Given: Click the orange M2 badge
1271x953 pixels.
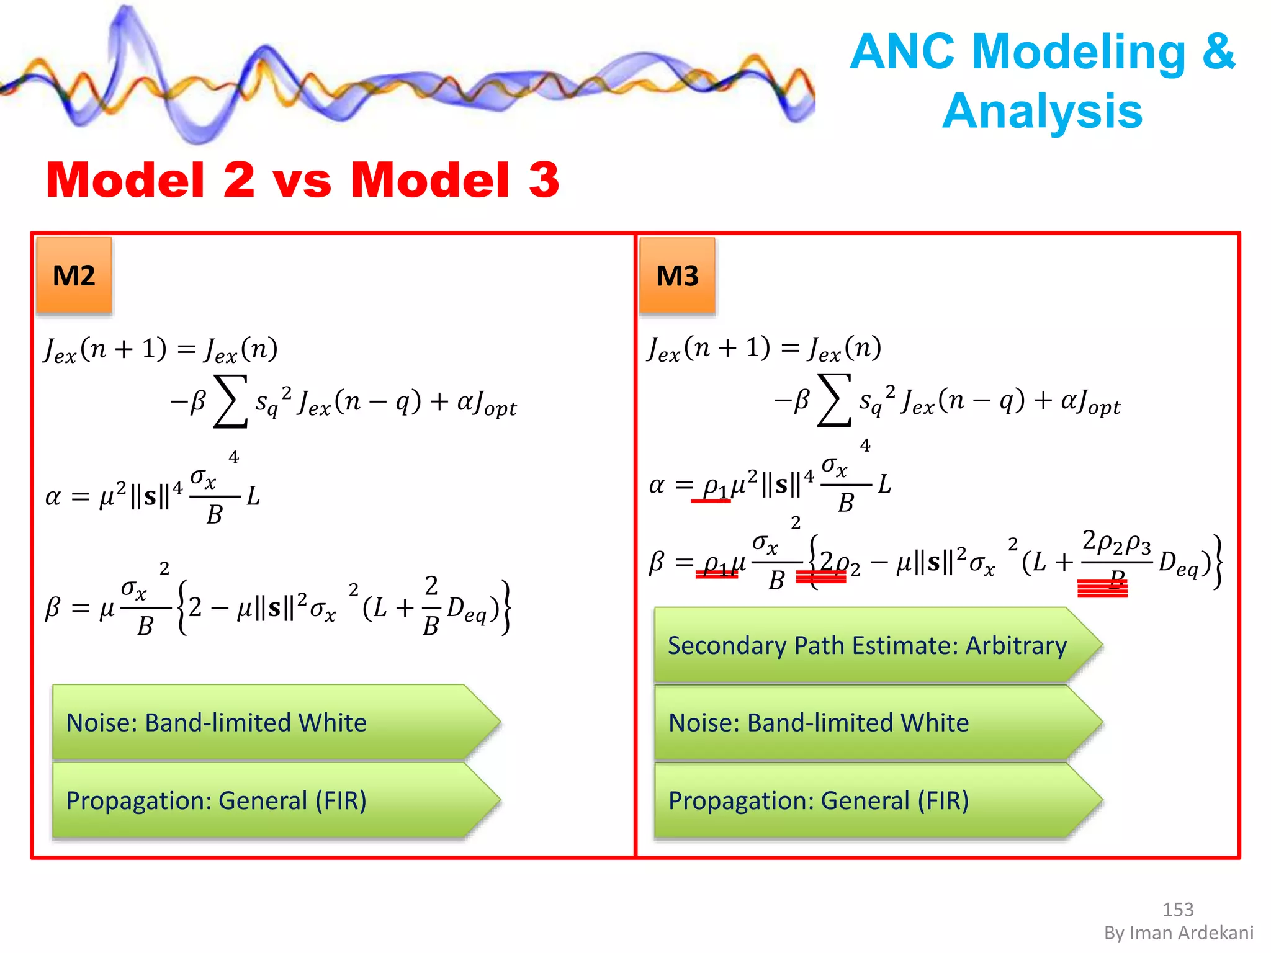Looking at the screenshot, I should click(x=74, y=275).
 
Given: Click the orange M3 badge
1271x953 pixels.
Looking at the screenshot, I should click(x=677, y=275).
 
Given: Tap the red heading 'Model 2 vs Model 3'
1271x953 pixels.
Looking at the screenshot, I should click(x=302, y=180).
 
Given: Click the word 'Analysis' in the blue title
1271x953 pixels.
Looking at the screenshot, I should click(x=1042, y=112).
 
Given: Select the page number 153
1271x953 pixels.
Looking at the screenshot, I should click(x=1177, y=909).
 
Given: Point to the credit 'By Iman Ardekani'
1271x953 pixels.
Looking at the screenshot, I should click(x=1179, y=933).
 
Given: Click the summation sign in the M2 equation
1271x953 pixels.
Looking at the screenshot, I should click(x=230, y=401).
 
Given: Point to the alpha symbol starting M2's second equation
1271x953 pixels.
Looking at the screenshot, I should click(x=53, y=497).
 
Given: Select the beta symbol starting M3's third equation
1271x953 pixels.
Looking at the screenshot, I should click(x=657, y=562).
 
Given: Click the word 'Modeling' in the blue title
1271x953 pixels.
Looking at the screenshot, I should click(x=1079, y=51).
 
